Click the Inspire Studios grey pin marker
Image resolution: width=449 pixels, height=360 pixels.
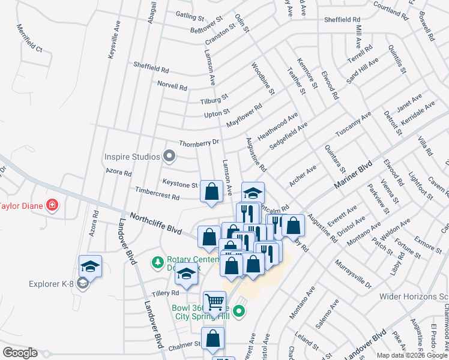coord(169,157)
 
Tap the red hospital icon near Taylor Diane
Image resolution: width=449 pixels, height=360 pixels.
coord(53,206)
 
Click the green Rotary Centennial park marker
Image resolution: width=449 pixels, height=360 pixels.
coord(158,262)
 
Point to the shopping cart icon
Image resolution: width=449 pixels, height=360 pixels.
coord(214,301)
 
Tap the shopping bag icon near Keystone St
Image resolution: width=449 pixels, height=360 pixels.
coord(211,191)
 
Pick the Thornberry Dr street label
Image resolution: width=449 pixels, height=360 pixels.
coord(200,143)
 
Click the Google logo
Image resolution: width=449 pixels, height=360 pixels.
coord(20,353)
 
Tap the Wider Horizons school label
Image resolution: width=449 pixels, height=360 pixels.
coord(414,296)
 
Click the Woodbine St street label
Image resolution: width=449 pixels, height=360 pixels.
coord(263,79)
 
